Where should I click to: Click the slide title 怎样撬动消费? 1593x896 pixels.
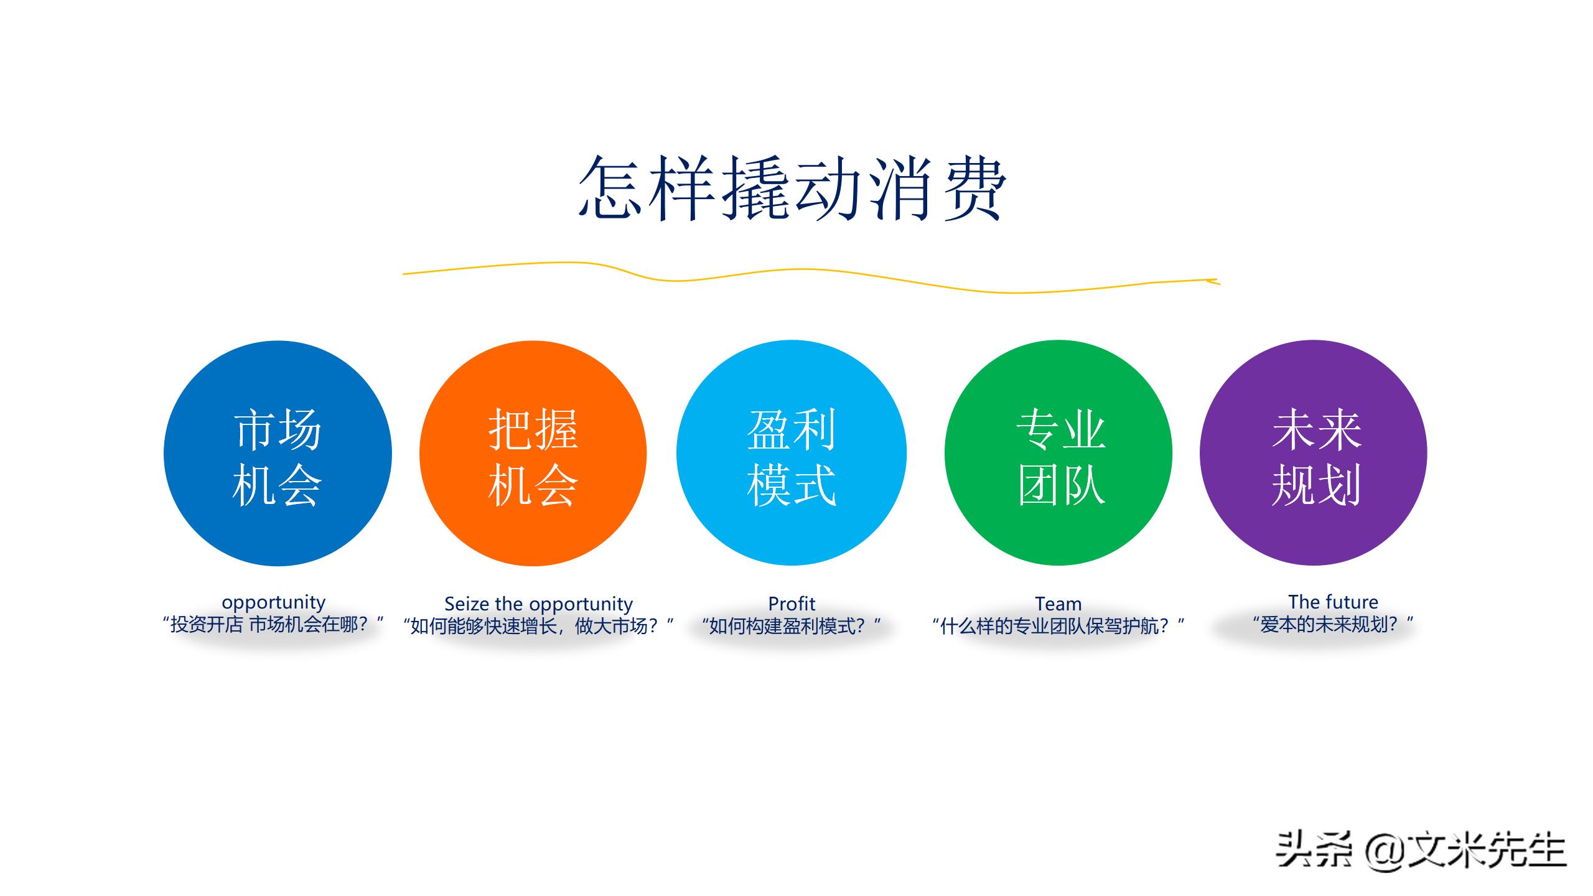tap(792, 188)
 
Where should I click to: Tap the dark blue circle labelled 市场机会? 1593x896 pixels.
tap(278, 453)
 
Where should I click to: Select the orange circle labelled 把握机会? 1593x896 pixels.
tap(533, 453)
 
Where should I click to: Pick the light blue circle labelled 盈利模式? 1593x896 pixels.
tap(791, 453)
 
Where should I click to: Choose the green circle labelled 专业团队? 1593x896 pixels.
tap(1058, 453)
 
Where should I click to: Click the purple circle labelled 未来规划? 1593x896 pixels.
tap(1313, 453)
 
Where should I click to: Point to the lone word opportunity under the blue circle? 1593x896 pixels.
tap(273, 602)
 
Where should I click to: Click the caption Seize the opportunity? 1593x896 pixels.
tap(538, 604)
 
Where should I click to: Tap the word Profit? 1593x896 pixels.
tap(792, 604)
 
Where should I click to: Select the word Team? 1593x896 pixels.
tap(1058, 604)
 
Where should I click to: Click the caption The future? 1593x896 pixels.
tap(1333, 602)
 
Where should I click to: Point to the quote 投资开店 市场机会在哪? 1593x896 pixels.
tap(273, 624)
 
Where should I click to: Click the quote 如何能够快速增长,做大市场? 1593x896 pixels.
tap(538, 626)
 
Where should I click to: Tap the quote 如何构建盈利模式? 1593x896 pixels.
tap(791, 626)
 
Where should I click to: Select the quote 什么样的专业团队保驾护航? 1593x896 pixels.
tap(1058, 626)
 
